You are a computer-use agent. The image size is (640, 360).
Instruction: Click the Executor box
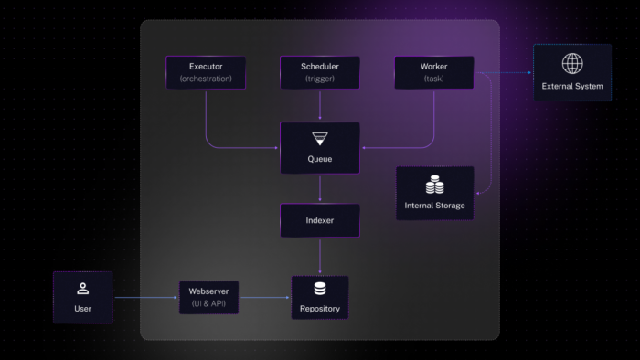coord(206,72)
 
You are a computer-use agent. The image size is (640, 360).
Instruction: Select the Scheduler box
coord(319,72)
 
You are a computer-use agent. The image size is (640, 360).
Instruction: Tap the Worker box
coord(433,72)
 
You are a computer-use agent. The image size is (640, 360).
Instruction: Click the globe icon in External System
coord(572,63)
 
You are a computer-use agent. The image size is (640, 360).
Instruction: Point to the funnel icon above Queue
coord(319,139)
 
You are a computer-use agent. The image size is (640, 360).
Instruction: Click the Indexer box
coord(319,220)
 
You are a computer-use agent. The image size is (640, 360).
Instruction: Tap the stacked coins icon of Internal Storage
coord(434,185)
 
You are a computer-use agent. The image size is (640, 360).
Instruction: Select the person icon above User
coord(82,289)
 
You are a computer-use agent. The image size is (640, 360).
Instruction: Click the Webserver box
coord(208,297)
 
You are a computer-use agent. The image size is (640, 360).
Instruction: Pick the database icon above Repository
coord(319,290)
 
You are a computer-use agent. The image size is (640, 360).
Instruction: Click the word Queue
coord(319,159)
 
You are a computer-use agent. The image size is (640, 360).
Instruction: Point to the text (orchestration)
coord(206,79)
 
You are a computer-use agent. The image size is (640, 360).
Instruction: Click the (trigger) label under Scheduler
coord(319,79)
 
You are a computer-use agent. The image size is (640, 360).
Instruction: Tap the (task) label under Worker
coord(433,79)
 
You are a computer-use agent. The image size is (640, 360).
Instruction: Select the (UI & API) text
coord(208,303)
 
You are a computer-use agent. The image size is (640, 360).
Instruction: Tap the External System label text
coord(572,86)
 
